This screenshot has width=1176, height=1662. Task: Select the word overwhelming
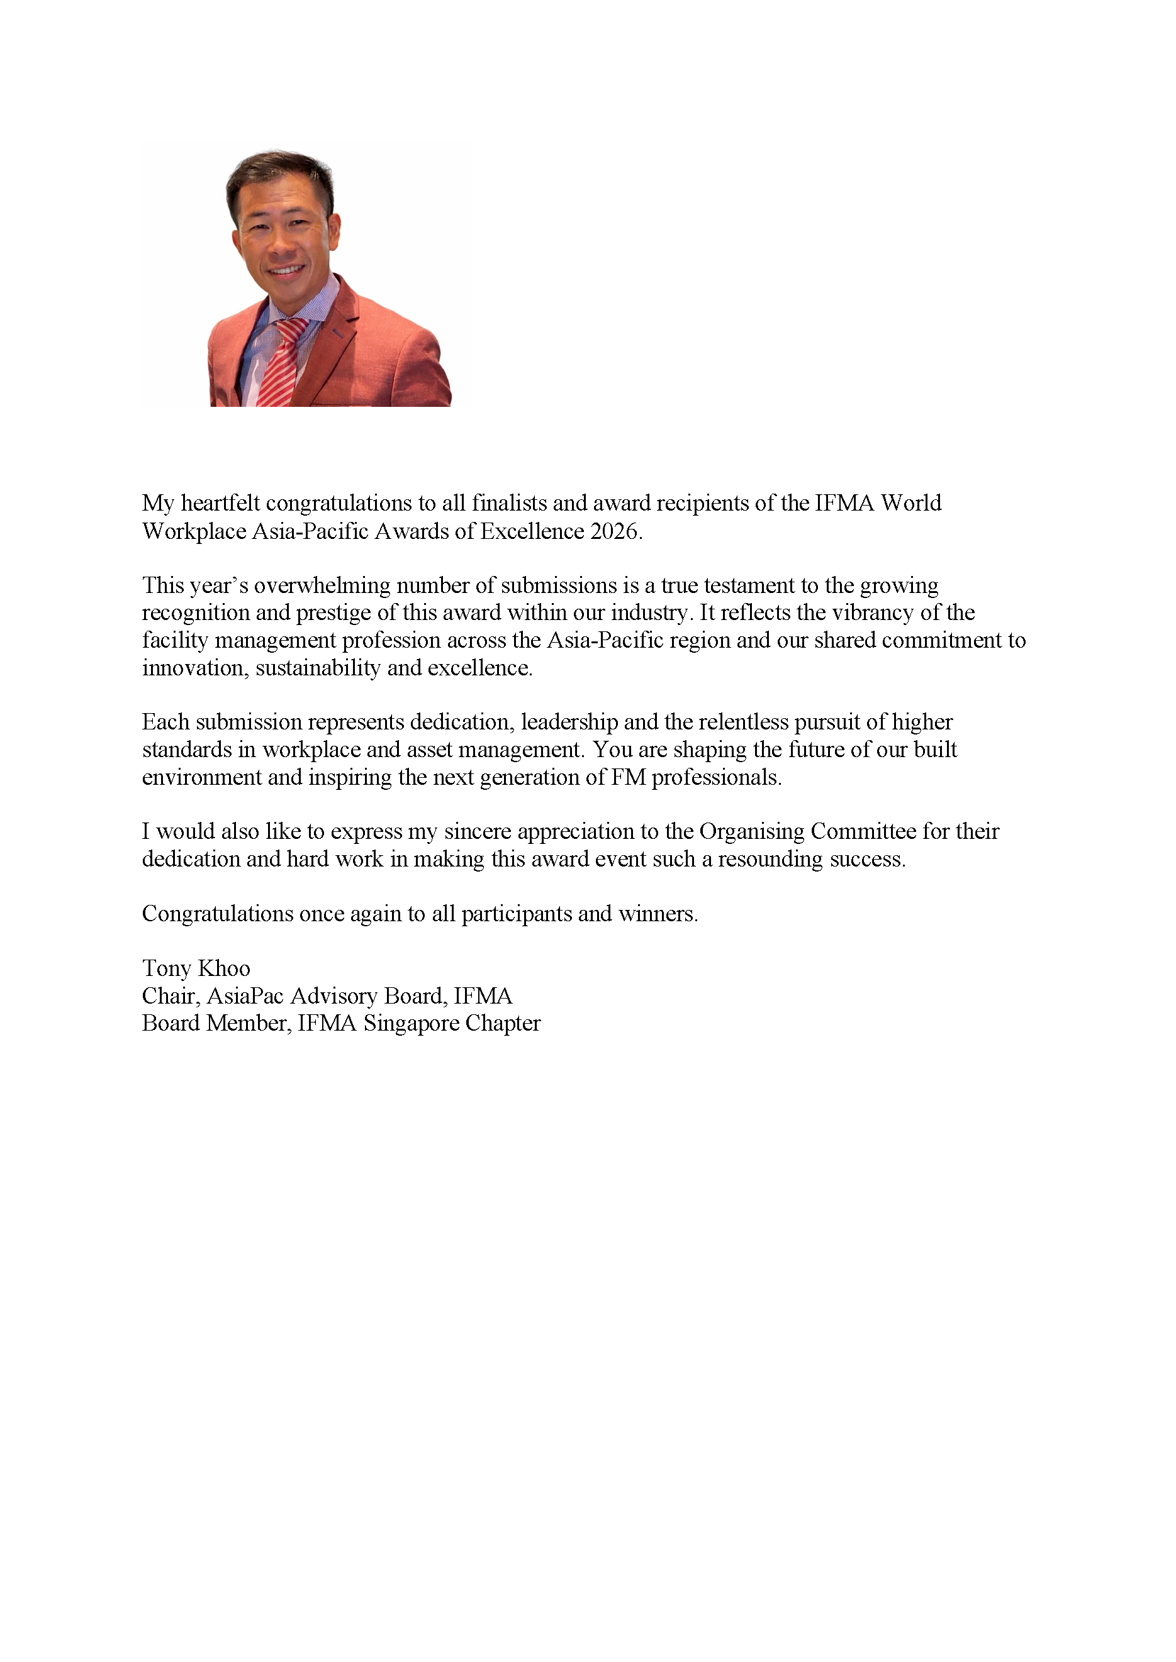point(322,585)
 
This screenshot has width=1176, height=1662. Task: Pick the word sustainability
point(318,667)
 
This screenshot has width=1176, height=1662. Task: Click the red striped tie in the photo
point(279,362)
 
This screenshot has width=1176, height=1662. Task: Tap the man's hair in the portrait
point(279,170)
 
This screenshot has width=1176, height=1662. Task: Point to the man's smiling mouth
point(287,270)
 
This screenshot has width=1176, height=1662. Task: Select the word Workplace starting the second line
point(193,531)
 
